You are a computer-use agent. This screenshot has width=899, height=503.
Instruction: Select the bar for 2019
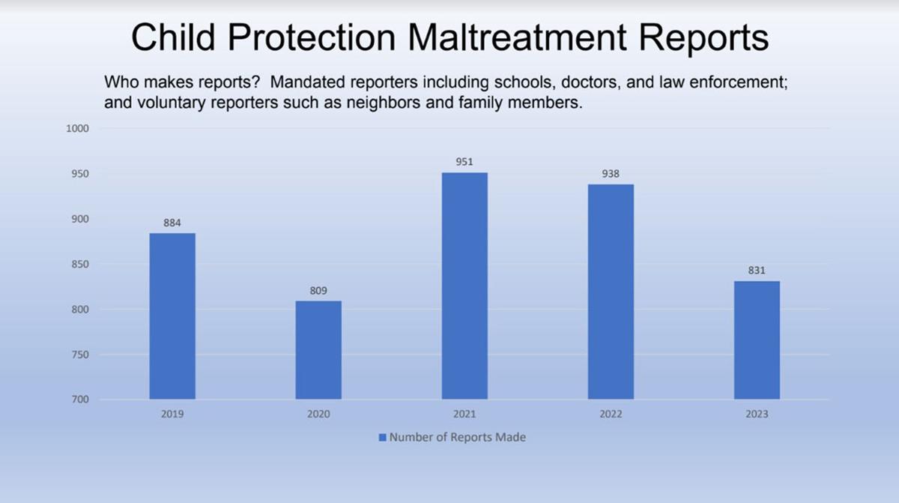pos(172,316)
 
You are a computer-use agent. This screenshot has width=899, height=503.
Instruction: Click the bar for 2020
pos(318,350)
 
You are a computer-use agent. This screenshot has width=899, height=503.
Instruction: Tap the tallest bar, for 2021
pos(464,286)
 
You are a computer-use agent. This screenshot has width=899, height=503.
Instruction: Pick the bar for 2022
pos(611,292)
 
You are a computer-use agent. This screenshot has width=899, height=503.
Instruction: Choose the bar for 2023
pos(757,340)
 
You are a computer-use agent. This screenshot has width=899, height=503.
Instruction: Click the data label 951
pos(464,162)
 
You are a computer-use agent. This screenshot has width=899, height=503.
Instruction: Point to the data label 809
pos(318,290)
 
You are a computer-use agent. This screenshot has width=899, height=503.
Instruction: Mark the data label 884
pos(172,223)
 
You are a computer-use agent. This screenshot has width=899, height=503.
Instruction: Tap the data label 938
pos(611,174)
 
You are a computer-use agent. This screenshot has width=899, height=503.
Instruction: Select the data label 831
pos(757,271)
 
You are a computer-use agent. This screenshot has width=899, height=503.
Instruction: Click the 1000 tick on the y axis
pos(79,128)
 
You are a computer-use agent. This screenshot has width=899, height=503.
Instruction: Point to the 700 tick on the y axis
pos(81,400)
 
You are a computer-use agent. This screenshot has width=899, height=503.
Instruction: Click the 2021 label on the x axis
pos(464,414)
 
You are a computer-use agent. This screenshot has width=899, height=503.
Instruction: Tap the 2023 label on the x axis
pos(757,414)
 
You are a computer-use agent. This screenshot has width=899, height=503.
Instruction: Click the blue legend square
pos(382,437)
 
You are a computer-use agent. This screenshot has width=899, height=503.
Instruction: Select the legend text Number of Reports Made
pos(457,437)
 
